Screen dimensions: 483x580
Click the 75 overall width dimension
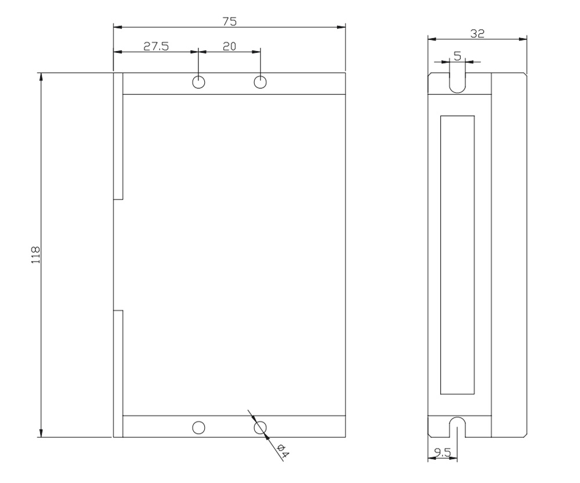(x=230, y=21)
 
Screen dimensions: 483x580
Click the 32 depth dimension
(x=477, y=34)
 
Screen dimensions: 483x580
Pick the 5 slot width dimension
(x=457, y=56)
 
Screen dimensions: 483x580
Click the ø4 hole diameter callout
(x=281, y=451)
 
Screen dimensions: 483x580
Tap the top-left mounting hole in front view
(x=198, y=82)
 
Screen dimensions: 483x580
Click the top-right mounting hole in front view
(x=260, y=82)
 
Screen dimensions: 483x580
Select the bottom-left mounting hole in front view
(x=198, y=427)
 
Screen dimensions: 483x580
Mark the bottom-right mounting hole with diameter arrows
(x=260, y=427)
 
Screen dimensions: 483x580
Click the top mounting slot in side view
(x=457, y=81)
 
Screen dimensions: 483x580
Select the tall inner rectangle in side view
(x=457, y=255)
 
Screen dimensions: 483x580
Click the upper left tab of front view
(x=118, y=136)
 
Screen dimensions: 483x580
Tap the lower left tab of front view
(x=118, y=374)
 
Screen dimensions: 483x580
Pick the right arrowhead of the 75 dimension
(x=342, y=27)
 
